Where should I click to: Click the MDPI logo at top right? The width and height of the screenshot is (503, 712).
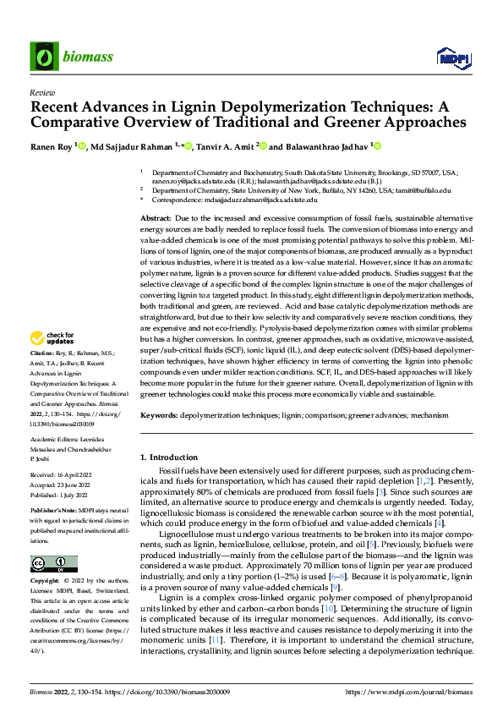tap(452, 57)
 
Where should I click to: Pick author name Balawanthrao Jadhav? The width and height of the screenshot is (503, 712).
tap(331, 146)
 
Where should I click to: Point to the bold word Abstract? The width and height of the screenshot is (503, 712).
tap(157, 217)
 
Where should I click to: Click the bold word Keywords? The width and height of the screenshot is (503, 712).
tap(159, 416)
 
